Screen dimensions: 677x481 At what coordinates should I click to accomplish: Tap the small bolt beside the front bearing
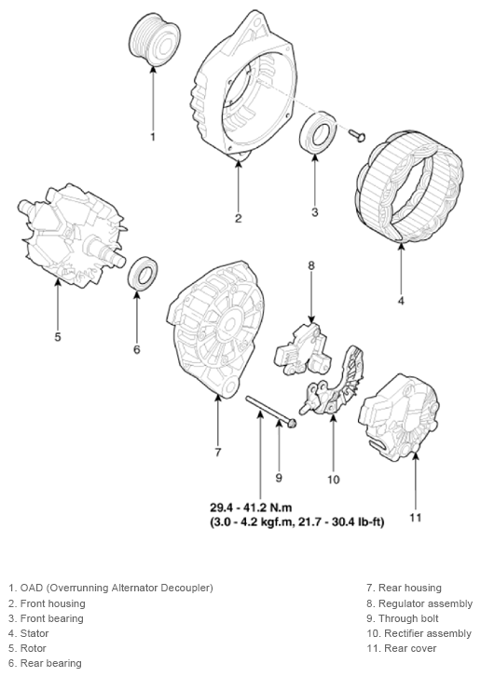coord(356,136)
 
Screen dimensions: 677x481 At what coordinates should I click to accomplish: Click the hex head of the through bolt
coord(291,424)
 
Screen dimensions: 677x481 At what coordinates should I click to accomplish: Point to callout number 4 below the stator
coord(401,300)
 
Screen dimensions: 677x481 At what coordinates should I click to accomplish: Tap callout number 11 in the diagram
coord(417,517)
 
